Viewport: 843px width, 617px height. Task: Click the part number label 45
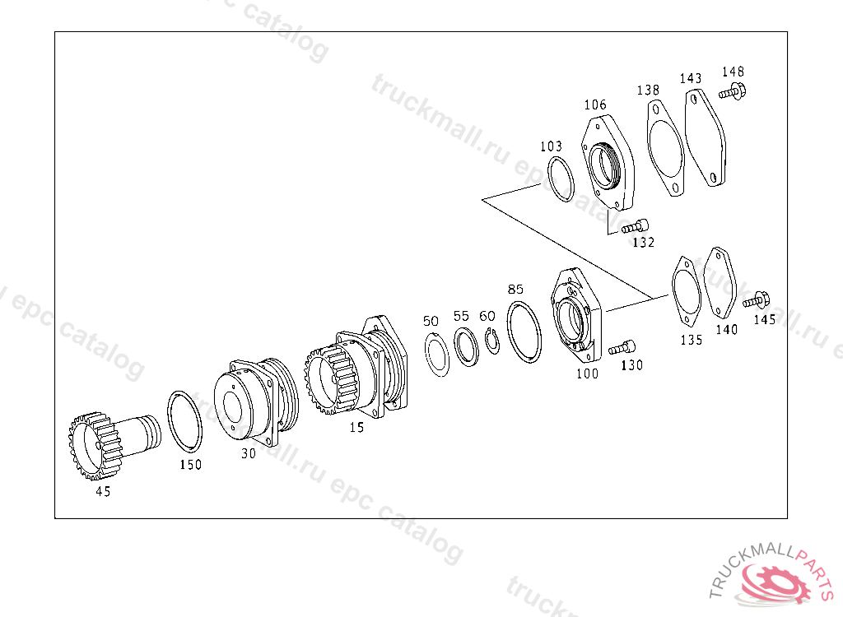point(103,491)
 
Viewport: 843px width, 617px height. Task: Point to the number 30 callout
point(249,453)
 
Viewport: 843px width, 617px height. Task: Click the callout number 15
point(357,427)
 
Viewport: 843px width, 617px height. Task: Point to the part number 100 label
point(587,373)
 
